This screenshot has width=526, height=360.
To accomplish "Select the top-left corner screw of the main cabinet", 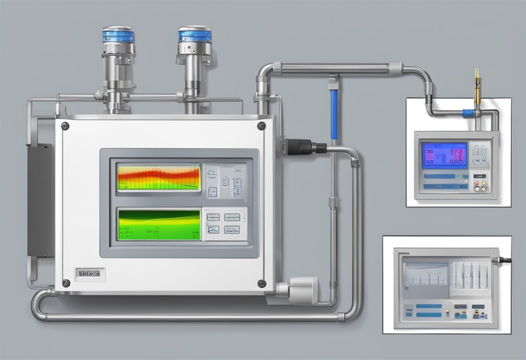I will coord(65,126).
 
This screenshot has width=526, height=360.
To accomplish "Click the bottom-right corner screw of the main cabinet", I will coord(262,283).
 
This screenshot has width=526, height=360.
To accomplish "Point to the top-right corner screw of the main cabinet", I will coord(261,126).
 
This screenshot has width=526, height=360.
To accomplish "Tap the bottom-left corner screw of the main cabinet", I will coord(66,283).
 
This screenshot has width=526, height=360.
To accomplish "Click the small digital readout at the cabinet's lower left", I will coord(89,273).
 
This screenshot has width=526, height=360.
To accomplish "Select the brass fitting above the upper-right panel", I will coord(477,87).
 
